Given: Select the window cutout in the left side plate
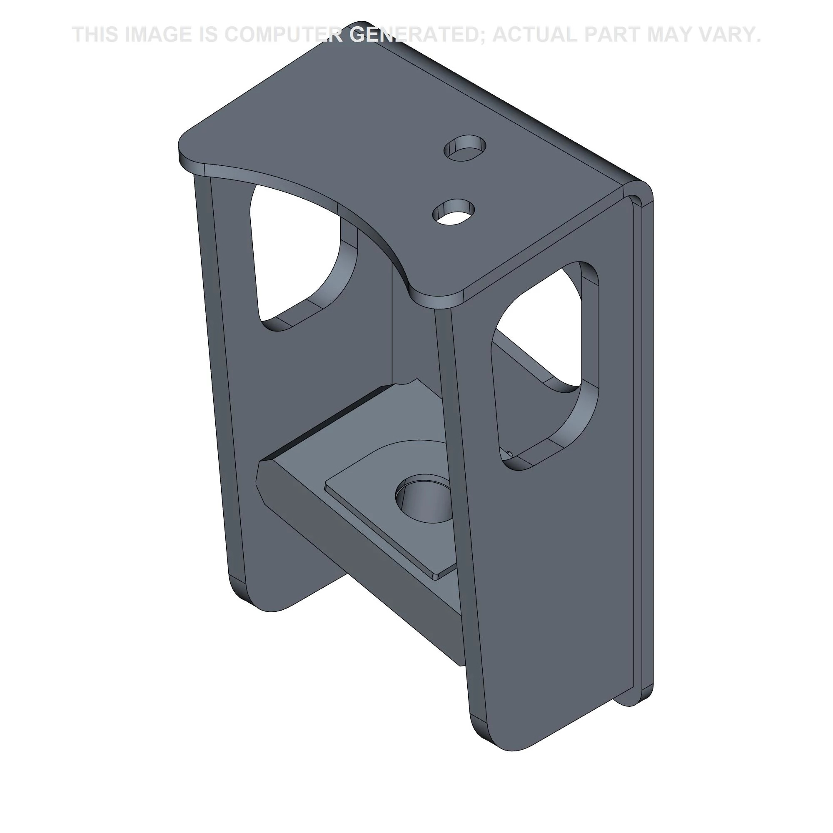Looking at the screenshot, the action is tap(302, 254).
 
